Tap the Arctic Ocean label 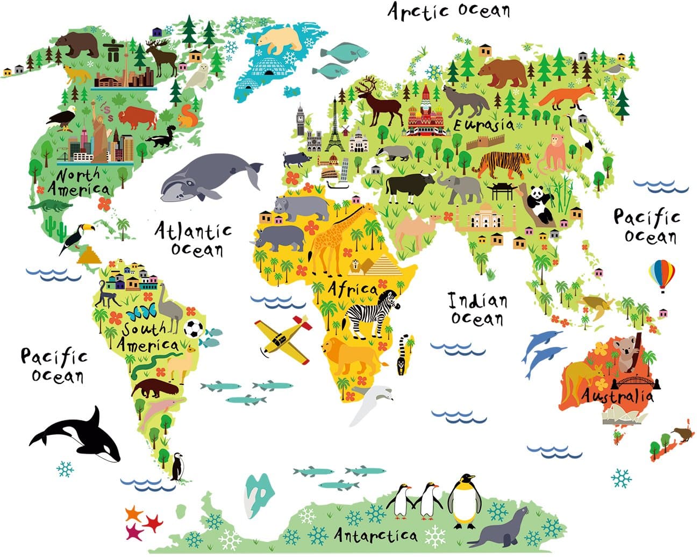[x=449, y=11]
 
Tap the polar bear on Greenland [x=280, y=40]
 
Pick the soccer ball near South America [x=193, y=329]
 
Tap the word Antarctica [x=375, y=535]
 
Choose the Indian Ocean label [x=477, y=309]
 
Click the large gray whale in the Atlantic [x=207, y=176]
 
